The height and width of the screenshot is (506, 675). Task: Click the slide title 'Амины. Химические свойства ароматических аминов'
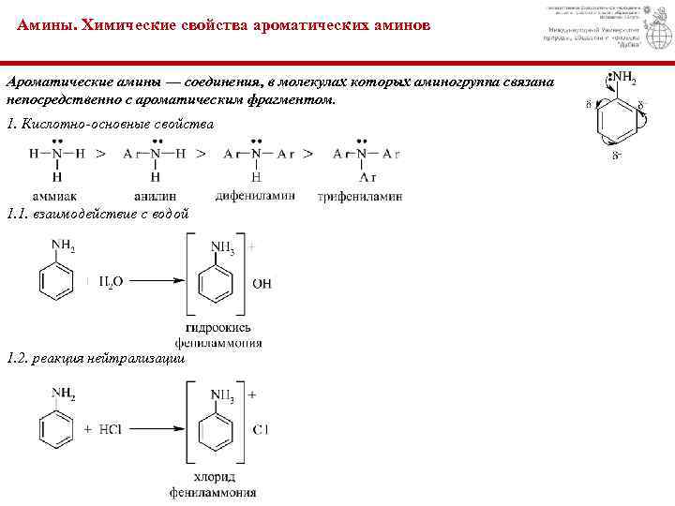tap(224, 26)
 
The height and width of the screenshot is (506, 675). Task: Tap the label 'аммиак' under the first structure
tap(57, 196)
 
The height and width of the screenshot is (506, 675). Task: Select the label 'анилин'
tap(155, 196)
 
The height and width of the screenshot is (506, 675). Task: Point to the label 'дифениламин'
tap(255, 196)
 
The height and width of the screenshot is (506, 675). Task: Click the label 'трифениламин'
tap(361, 197)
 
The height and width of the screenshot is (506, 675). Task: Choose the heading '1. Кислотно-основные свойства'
tap(110, 124)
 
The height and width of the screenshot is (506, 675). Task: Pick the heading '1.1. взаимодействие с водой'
tap(97, 215)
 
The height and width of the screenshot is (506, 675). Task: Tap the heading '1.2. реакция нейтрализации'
tap(96, 359)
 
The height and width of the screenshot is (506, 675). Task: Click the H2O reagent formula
tap(111, 279)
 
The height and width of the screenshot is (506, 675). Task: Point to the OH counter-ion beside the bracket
tap(262, 282)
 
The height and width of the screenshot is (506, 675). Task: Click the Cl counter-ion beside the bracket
tap(260, 429)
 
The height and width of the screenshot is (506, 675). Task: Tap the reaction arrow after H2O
tap(155, 279)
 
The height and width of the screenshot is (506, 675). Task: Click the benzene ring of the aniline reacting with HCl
tap(57, 428)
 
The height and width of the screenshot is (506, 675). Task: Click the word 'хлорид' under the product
tap(213, 476)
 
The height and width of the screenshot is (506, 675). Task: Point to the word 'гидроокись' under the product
tap(217, 329)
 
